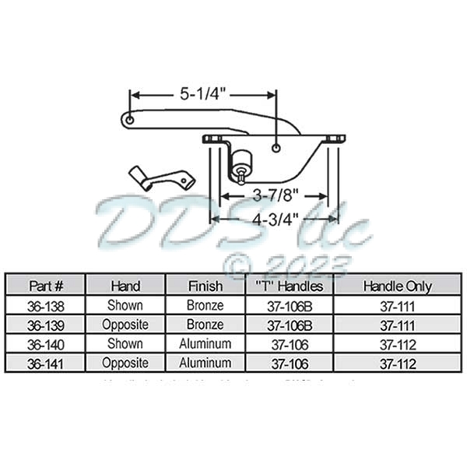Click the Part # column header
coord(44,286)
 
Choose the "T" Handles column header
coord(290,286)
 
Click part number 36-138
coord(44,305)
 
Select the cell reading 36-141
coord(44,363)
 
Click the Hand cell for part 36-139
coord(125,325)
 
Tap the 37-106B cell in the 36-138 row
coord(290,305)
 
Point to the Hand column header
coord(125,286)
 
